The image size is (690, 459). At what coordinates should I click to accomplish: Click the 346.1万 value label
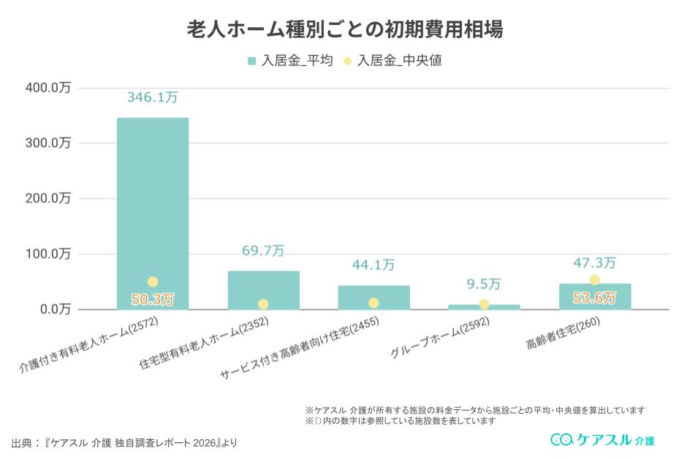(x=153, y=97)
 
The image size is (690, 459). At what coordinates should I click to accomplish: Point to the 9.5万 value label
(x=484, y=284)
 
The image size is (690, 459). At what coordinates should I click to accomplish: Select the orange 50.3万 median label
(x=153, y=299)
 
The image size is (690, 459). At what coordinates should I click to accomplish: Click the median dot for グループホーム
(x=484, y=305)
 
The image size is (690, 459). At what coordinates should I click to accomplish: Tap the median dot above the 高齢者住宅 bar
(x=594, y=280)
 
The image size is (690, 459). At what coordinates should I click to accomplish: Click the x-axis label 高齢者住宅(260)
(x=562, y=334)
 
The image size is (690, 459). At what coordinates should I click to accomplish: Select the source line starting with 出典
(x=124, y=443)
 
